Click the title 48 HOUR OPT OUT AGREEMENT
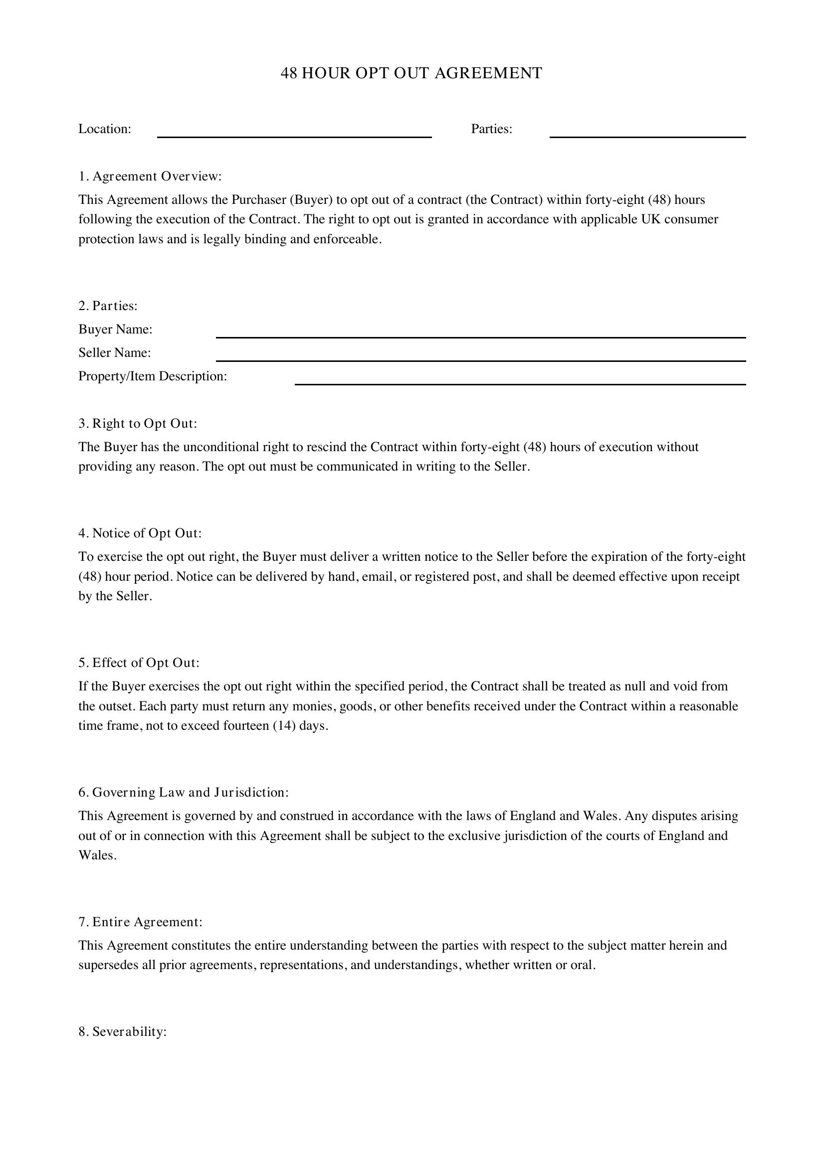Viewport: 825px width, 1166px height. [412, 73]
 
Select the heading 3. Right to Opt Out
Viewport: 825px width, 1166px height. [138, 424]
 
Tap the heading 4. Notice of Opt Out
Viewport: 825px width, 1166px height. [140, 533]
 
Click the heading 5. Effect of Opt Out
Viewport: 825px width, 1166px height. [139, 663]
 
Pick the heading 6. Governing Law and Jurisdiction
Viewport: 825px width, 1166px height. [184, 792]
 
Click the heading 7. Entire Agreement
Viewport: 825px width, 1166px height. [140, 922]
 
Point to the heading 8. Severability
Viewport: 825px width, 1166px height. [122, 1032]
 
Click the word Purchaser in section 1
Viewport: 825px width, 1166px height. [259, 199]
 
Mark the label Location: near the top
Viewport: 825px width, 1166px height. [105, 129]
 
